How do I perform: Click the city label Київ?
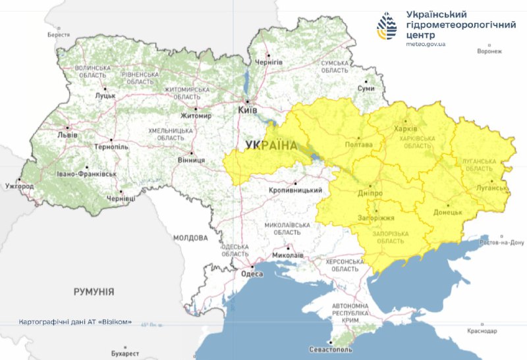pyautogui.click(x=248, y=111)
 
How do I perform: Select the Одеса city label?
pyautogui.click(x=252, y=274)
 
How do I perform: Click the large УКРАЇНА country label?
pyautogui.click(x=271, y=145)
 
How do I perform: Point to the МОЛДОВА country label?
pyautogui.click(x=190, y=238)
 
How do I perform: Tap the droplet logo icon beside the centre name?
pyautogui.click(x=387, y=26)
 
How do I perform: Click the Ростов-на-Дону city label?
pyautogui.click(x=503, y=242)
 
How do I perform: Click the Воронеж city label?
pyautogui.click(x=489, y=51)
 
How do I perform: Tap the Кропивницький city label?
pyautogui.click(x=296, y=190)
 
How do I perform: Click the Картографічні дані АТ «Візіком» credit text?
pyautogui.click(x=76, y=322)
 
